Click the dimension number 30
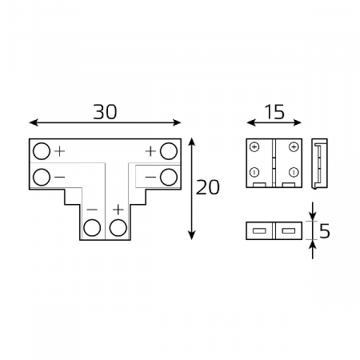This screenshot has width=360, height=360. click(105, 111)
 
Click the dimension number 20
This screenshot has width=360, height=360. click(207, 187)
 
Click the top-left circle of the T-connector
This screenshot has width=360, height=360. click(41, 150)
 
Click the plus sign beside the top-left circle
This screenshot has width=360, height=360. click(60, 150)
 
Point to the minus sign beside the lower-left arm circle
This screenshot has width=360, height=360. click(60, 176)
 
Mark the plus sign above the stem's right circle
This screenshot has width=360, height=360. click(118, 209)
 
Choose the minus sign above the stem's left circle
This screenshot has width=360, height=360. click(93, 209)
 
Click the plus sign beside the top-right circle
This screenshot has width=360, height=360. click(150, 150)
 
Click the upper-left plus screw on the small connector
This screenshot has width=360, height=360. click(254, 147)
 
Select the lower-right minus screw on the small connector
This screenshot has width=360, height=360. click(294, 173)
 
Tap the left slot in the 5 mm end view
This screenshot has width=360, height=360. click(258, 231)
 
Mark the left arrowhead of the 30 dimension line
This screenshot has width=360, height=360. click(32, 123)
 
